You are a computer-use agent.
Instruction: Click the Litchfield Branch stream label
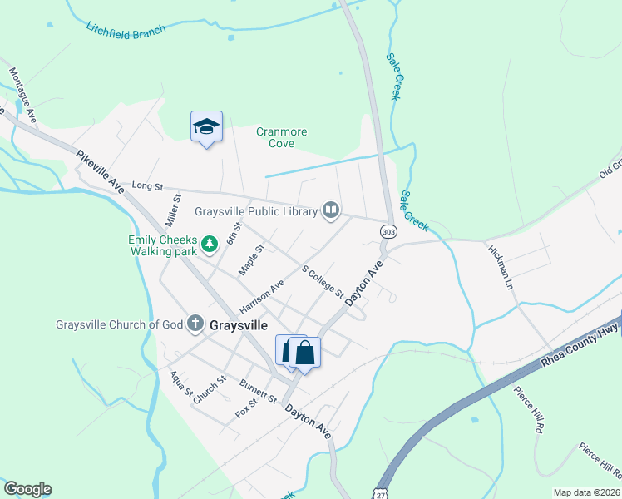pyautogui.click(x=126, y=28)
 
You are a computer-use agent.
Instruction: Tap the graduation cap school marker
pyautogui.click(x=206, y=127)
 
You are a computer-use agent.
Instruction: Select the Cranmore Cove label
pyautogui.click(x=281, y=137)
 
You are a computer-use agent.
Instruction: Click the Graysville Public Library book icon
pyautogui.click(x=332, y=210)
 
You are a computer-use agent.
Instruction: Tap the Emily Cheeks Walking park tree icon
pyautogui.click(x=210, y=243)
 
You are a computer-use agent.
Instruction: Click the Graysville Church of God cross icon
pyautogui.click(x=195, y=324)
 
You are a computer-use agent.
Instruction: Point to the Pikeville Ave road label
pyautogui.click(x=100, y=172)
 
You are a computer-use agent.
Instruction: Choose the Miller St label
pyautogui.click(x=174, y=210)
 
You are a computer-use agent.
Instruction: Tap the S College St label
pyautogui.click(x=323, y=282)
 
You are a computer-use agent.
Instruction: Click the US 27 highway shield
pyautogui.click(x=380, y=492)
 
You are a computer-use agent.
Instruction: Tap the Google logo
pyautogui.click(x=27, y=489)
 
